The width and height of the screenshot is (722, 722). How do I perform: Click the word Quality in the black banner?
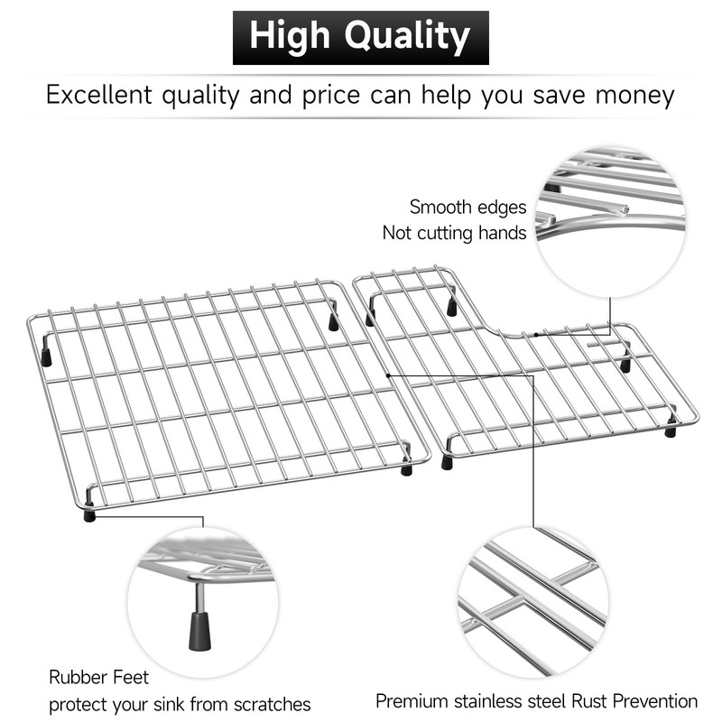coord(407,37)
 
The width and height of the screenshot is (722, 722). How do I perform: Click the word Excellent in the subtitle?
coord(99,95)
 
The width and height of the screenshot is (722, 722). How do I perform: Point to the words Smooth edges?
coord(467,208)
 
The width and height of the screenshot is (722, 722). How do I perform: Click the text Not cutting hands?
coord(454,233)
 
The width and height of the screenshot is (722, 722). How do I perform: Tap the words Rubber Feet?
coord(98,678)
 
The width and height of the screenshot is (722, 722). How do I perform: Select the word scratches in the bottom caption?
coord(272,705)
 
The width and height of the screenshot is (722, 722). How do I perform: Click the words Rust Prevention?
coord(634,701)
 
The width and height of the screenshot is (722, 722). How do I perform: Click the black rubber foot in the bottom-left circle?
coord(199,630)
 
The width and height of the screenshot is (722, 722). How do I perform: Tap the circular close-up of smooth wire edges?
coord(610,223)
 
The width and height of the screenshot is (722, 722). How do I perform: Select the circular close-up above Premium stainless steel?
coord(532,602)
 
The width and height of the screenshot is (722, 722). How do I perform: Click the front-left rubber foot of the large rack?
coord(89,514)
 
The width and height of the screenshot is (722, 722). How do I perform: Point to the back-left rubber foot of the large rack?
coord(46,357)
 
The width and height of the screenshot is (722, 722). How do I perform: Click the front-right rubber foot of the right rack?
coord(671,430)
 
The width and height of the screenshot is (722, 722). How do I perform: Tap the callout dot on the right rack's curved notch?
coord(535,335)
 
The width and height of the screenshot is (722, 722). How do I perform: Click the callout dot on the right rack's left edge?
coord(388,375)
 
